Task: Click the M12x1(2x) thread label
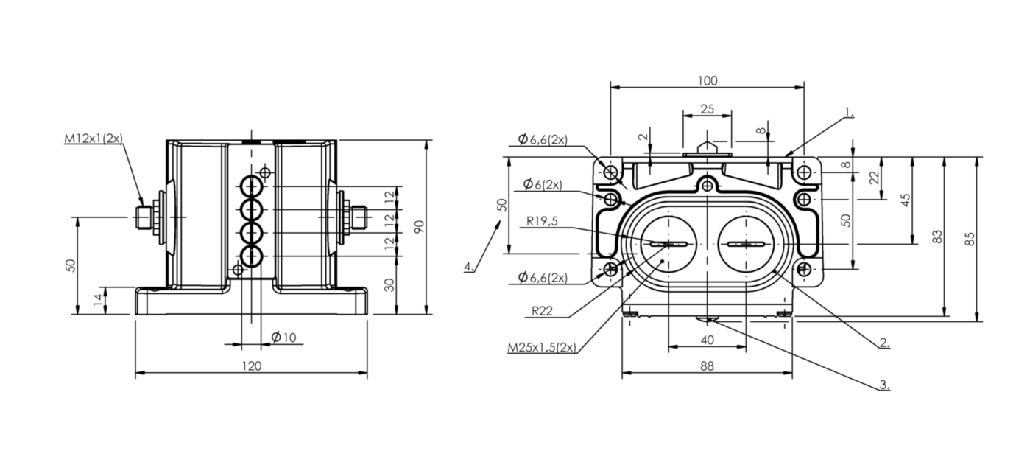[x=94, y=138]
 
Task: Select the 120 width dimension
[x=251, y=366]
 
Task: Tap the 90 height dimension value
[x=419, y=227]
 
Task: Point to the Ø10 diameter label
[x=283, y=337]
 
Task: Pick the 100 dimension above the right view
[x=707, y=81]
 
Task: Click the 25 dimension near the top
[x=707, y=110]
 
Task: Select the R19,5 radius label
[x=542, y=221]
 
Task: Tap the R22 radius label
[x=542, y=311]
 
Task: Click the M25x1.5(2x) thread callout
[x=542, y=348]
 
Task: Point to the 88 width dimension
[x=707, y=366]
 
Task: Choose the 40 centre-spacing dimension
[x=707, y=340]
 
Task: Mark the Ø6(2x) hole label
[x=543, y=184]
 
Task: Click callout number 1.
[x=849, y=112]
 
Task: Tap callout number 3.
[x=884, y=385]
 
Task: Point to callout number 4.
[x=468, y=266]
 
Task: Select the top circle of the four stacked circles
[x=252, y=186]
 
